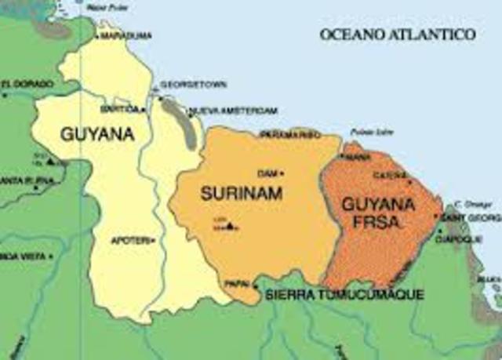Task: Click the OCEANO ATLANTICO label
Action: [x=398, y=35]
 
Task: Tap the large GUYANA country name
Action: [x=97, y=134]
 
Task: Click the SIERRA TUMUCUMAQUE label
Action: [x=345, y=295]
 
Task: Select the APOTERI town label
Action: [x=132, y=240]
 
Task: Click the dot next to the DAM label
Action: [x=282, y=173]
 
